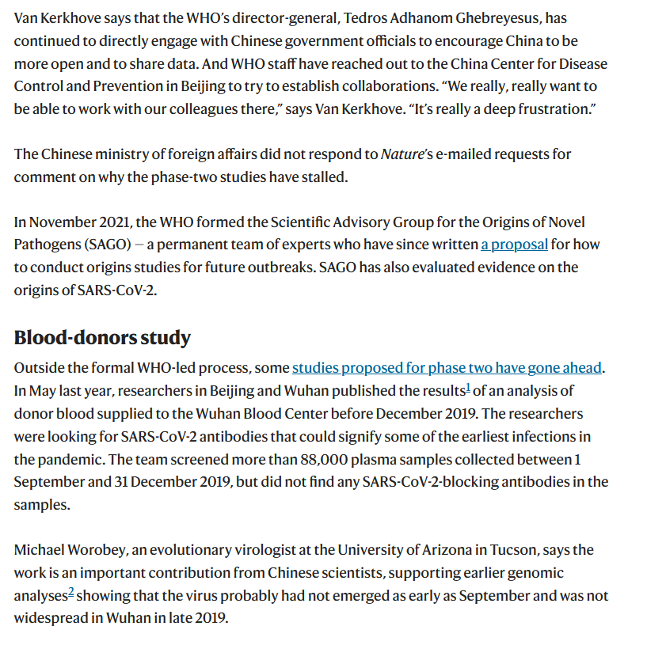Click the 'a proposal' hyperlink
[x=514, y=245]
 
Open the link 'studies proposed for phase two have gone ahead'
[x=447, y=367]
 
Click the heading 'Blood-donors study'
[x=102, y=337]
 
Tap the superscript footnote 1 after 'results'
[x=468, y=388]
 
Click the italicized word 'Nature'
[x=402, y=154]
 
